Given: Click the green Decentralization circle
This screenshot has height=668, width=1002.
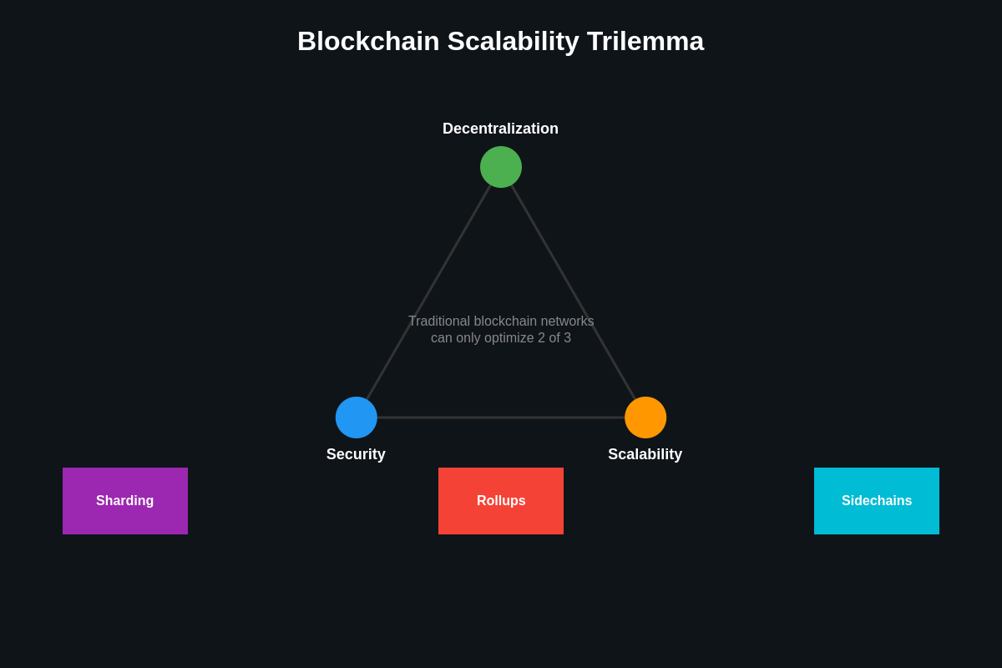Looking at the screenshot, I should (x=501, y=167).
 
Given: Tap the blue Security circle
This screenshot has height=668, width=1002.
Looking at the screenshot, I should (x=357, y=417).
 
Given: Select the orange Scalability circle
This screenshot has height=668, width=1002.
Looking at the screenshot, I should (x=645, y=417).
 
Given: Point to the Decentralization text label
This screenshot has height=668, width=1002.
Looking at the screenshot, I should (x=500, y=129).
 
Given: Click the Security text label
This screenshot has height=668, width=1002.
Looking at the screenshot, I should (x=356, y=454).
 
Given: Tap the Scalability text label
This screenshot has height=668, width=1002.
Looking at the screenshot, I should (x=645, y=454).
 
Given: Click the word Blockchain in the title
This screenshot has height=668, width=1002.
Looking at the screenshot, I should (x=368, y=41).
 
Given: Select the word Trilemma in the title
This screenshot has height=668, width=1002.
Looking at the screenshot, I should (x=645, y=41).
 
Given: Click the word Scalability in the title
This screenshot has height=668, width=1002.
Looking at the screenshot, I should (x=513, y=41).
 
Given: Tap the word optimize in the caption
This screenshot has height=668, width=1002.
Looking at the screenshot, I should (x=506, y=338).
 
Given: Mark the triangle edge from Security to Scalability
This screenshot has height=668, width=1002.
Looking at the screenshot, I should (x=501, y=417).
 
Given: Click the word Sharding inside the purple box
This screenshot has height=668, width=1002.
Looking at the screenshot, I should (x=125, y=501).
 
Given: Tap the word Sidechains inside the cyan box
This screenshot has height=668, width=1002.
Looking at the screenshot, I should (x=877, y=501).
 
